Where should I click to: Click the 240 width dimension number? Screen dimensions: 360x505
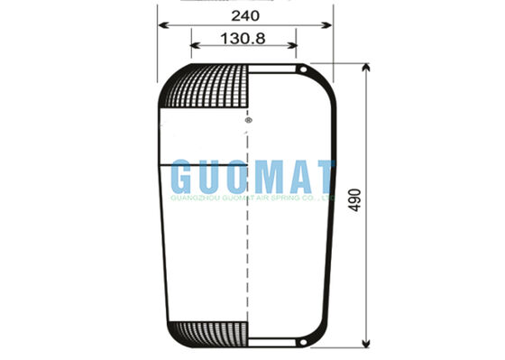click(x=245, y=15)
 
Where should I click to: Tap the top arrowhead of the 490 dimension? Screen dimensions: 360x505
click(x=366, y=69)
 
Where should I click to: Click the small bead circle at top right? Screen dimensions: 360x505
click(x=306, y=70)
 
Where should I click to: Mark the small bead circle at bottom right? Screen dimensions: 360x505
click(x=306, y=340)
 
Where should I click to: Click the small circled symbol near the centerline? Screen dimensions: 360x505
click(x=248, y=119)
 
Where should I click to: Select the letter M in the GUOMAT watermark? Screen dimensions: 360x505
click(x=266, y=176)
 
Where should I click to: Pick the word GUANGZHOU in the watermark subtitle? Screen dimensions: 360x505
click(x=192, y=195)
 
